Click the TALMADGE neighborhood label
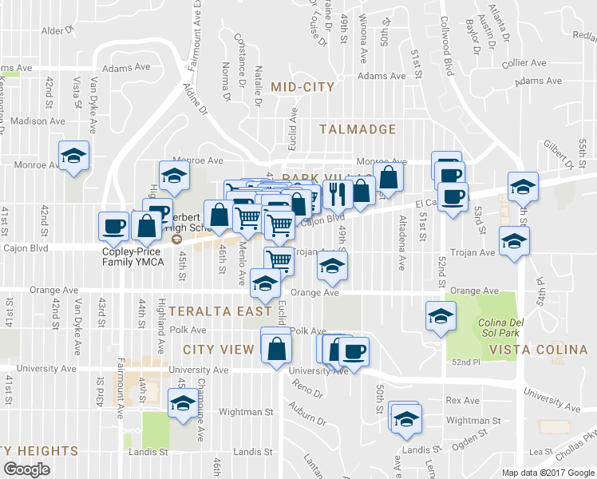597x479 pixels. pos(358,129)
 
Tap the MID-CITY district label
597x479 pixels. pos(303,87)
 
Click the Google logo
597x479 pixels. pos(27,469)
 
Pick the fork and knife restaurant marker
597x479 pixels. pos(338,192)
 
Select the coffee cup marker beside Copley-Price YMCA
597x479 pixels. pos(113,225)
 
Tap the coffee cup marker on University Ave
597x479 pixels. pos(354,350)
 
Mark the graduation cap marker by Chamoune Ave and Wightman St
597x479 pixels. pos(183,404)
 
